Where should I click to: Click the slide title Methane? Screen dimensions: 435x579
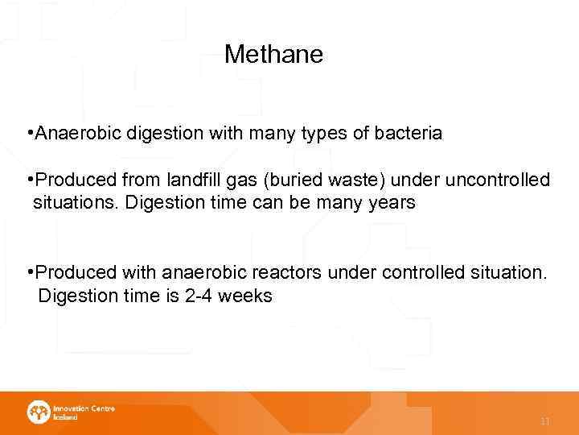coord(273,54)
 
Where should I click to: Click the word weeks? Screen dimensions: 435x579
coord(246,296)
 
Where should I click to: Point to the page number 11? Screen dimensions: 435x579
coord(545,421)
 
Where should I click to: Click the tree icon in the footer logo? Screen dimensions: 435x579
coord(38,412)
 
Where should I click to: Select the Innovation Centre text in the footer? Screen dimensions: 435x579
coord(84,408)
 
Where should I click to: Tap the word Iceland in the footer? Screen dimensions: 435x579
coord(65,417)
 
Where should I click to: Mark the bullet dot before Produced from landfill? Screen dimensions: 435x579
coord(29,179)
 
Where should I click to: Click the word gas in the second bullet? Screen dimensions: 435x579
coord(245,180)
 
